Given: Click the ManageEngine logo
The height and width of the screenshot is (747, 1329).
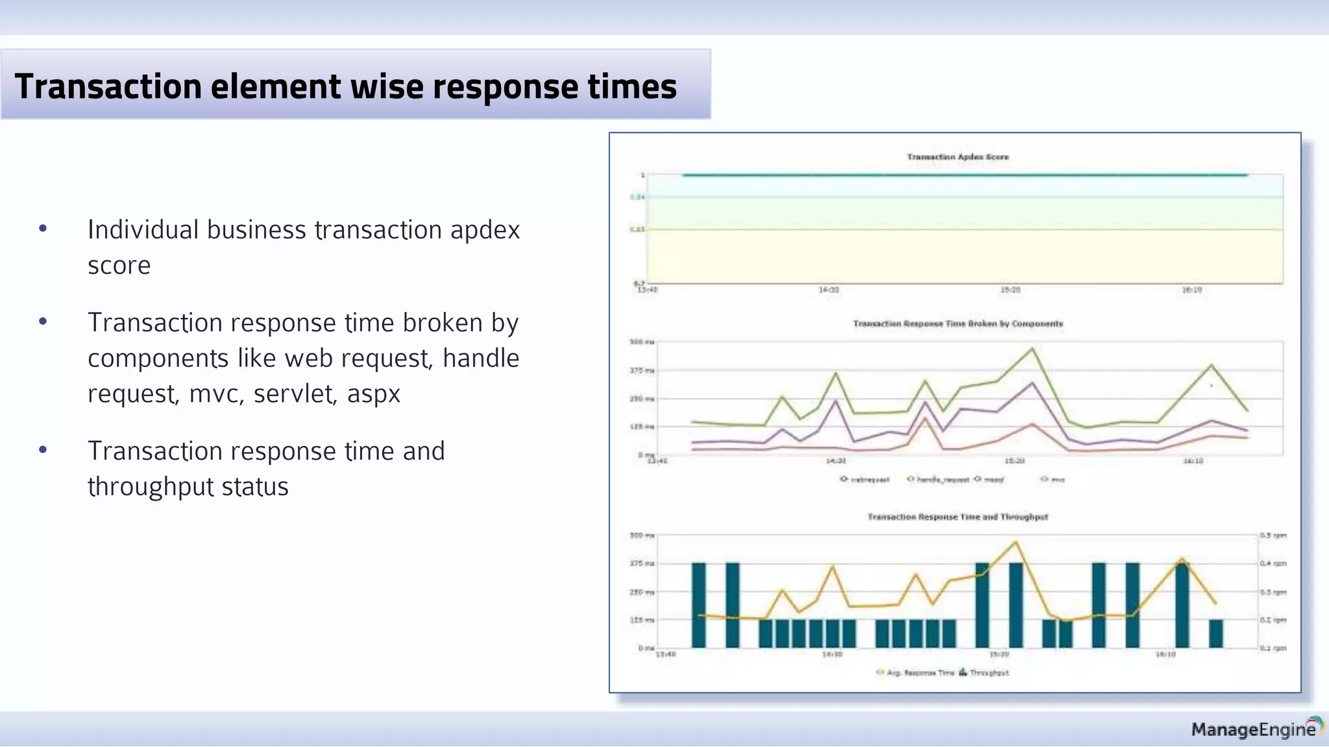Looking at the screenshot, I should (x=1256, y=729).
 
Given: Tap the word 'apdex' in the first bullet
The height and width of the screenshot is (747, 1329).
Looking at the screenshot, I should (x=485, y=230).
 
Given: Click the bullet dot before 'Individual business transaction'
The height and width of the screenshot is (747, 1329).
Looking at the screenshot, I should (x=43, y=228).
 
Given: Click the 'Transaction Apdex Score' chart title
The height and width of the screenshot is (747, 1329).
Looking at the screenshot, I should (x=957, y=157).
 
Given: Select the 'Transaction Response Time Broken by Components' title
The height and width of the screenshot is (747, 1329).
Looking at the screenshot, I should (x=958, y=324).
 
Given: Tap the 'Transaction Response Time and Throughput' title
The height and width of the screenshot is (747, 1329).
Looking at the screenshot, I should (x=958, y=517).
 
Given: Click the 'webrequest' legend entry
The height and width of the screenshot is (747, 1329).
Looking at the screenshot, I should (x=865, y=480).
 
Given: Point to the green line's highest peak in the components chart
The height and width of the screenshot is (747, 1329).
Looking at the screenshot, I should (x=1032, y=348).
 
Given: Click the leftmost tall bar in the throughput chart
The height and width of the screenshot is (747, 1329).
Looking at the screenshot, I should (x=698, y=604).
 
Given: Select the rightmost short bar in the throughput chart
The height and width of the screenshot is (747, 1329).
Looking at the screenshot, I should (x=1215, y=634).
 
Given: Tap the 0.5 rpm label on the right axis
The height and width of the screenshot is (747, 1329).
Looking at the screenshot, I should (x=1273, y=536).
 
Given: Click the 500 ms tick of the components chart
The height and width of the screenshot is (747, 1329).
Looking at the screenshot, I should (x=642, y=342).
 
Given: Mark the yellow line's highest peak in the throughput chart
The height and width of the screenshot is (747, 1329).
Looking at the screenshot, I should (x=1016, y=542).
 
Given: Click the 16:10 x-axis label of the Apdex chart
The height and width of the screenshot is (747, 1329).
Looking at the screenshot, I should (x=1191, y=290).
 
